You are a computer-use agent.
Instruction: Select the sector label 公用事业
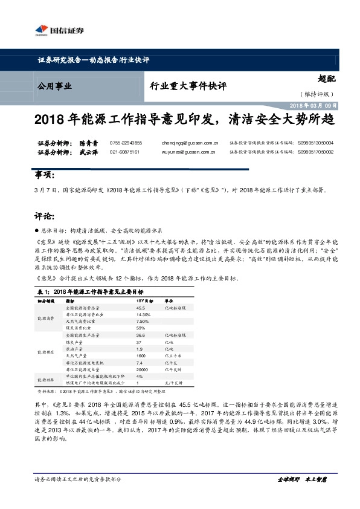coord(55,86)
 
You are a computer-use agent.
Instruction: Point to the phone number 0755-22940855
coord(126,143)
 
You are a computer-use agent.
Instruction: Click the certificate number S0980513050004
coord(315,143)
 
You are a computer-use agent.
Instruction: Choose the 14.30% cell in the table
coord(144,314)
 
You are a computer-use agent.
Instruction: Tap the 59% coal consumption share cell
coord(141,329)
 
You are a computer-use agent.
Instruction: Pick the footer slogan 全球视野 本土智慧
coord(301,479)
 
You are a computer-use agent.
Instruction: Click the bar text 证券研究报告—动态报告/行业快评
coord(94,60)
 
